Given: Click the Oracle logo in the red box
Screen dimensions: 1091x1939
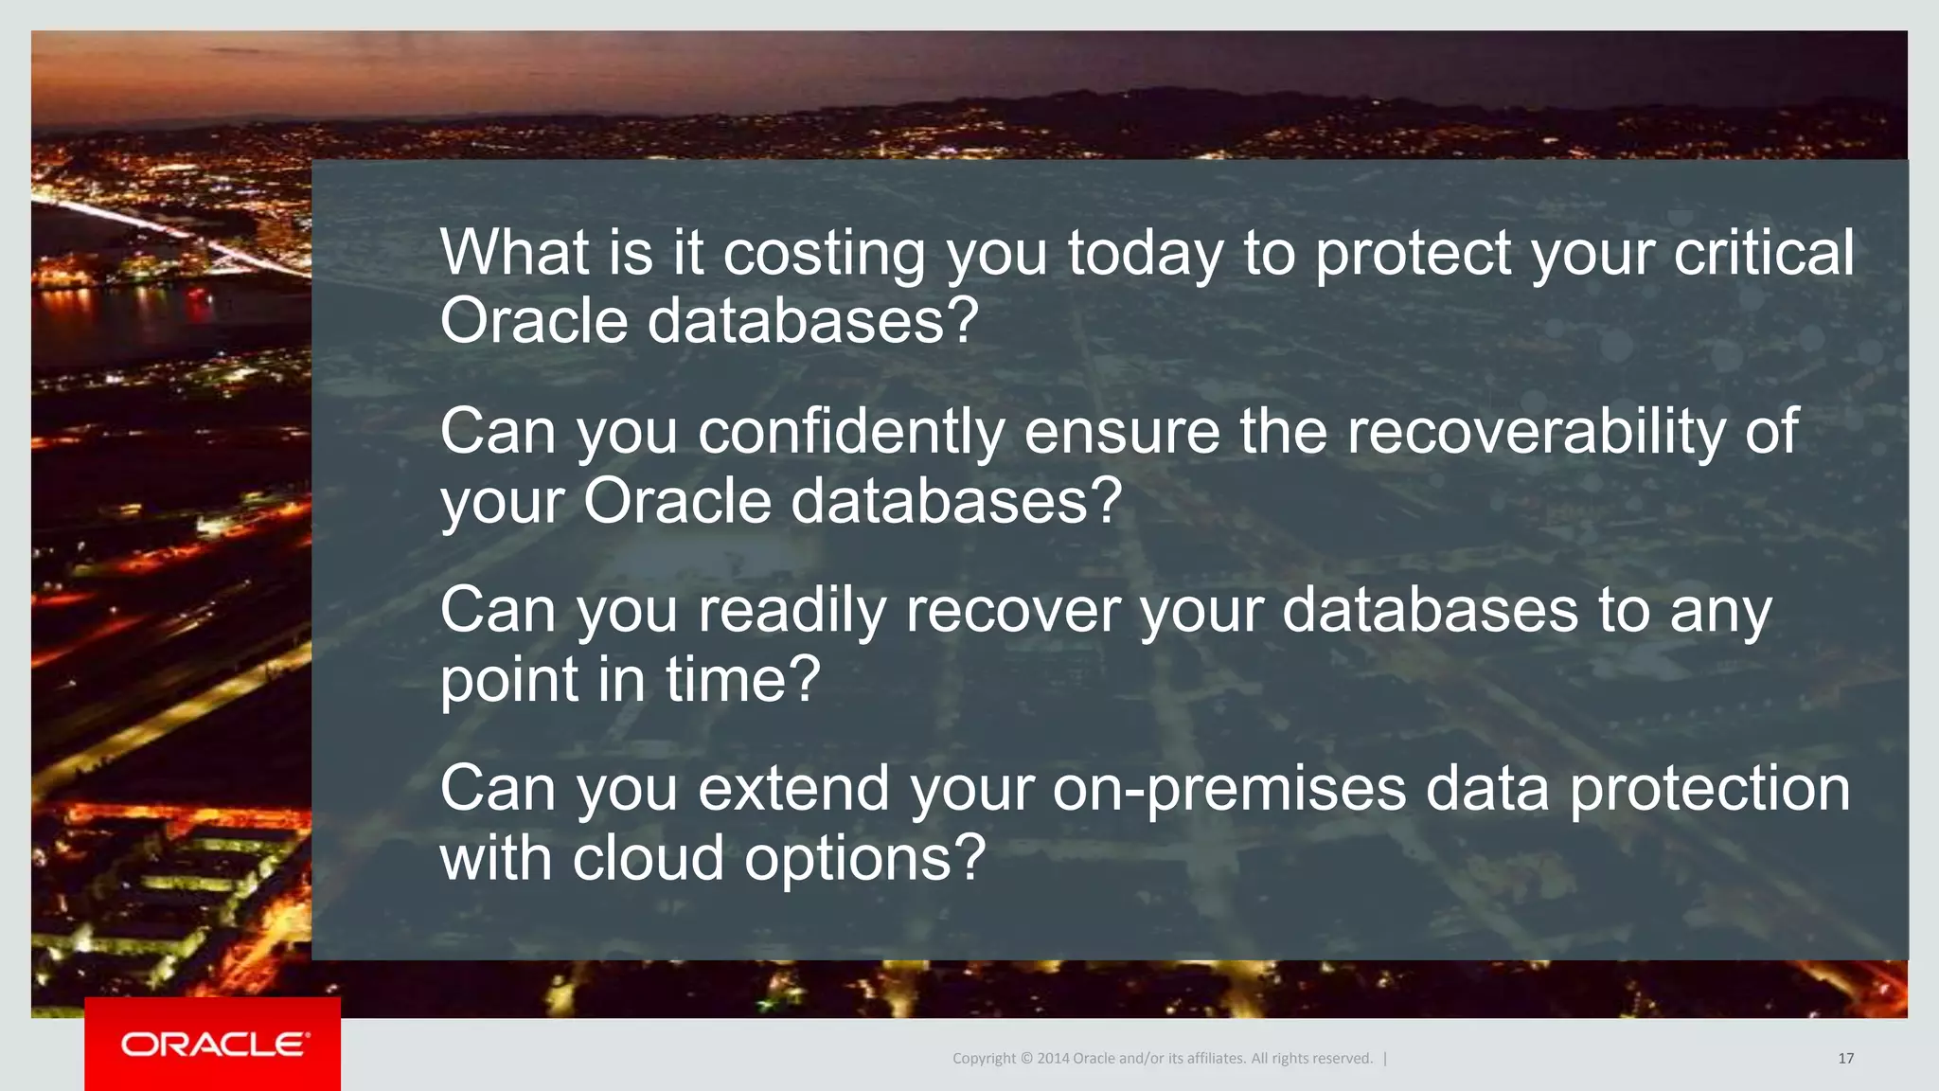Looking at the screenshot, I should [x=213, y=1044].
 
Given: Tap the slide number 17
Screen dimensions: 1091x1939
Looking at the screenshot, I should [x=1845, y=1059].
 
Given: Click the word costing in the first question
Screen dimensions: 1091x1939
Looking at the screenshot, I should [x=824, y=254].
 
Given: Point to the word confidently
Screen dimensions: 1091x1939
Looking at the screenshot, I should [x=850, y=432].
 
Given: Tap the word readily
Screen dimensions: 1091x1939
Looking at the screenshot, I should [x=792, y=611].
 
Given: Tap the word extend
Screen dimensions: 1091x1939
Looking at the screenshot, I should [x=793, y=788].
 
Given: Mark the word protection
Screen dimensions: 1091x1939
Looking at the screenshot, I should [x=1709, y=790].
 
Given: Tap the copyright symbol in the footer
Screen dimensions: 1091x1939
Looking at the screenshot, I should [x=1025, y=1059].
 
